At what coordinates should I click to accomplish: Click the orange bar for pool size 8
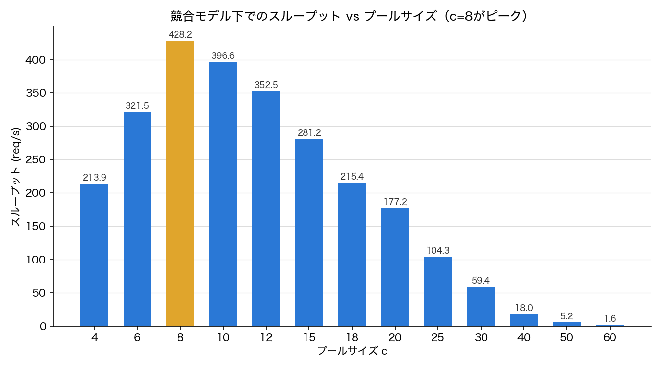pyautogui.click(x=180, y=184)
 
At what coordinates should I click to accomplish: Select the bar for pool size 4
pyautogui.click(x=94, y=255)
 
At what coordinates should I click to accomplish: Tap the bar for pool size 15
pyautogui.click(x=309, y=233)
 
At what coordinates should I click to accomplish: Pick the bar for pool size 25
pyautogui.click(x=438, y=291)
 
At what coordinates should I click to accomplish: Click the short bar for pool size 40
pyautogui.click(x=524, y=320)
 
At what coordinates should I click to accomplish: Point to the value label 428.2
pyautogui.click(x=180, y=35)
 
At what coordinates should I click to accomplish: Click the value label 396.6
pyautogui.click(x=223, y=55)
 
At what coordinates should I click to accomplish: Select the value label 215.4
pyautogui.click(x=352, y=176)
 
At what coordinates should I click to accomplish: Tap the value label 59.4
pyautogui.click(x=481, y=280)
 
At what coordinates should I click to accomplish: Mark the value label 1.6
pyautogui.click(x=610, y=318)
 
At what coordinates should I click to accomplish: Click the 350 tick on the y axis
pyautogui.click(x=36, y=93)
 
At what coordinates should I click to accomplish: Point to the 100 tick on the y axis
pyautogui.click(x=36, y=260)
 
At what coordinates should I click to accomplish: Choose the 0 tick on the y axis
pyautogui.click(x=43, y=327)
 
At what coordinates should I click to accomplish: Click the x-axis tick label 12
pyautogui.click(x=266, y=337)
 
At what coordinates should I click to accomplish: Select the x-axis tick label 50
pyautogui.click(x=566, y=337)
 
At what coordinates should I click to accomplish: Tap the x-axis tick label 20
pyautogui.click(x=395, y=337)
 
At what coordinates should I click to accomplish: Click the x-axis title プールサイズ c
pyautogui.click(x=352, y=351)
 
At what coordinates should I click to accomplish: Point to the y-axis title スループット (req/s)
pyautogui.click(x=16, y=177)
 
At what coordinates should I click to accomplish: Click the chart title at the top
pyautogui.click(x=349, y=16)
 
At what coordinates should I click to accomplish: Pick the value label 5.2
pyautogui.click(x=567, y=316)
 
